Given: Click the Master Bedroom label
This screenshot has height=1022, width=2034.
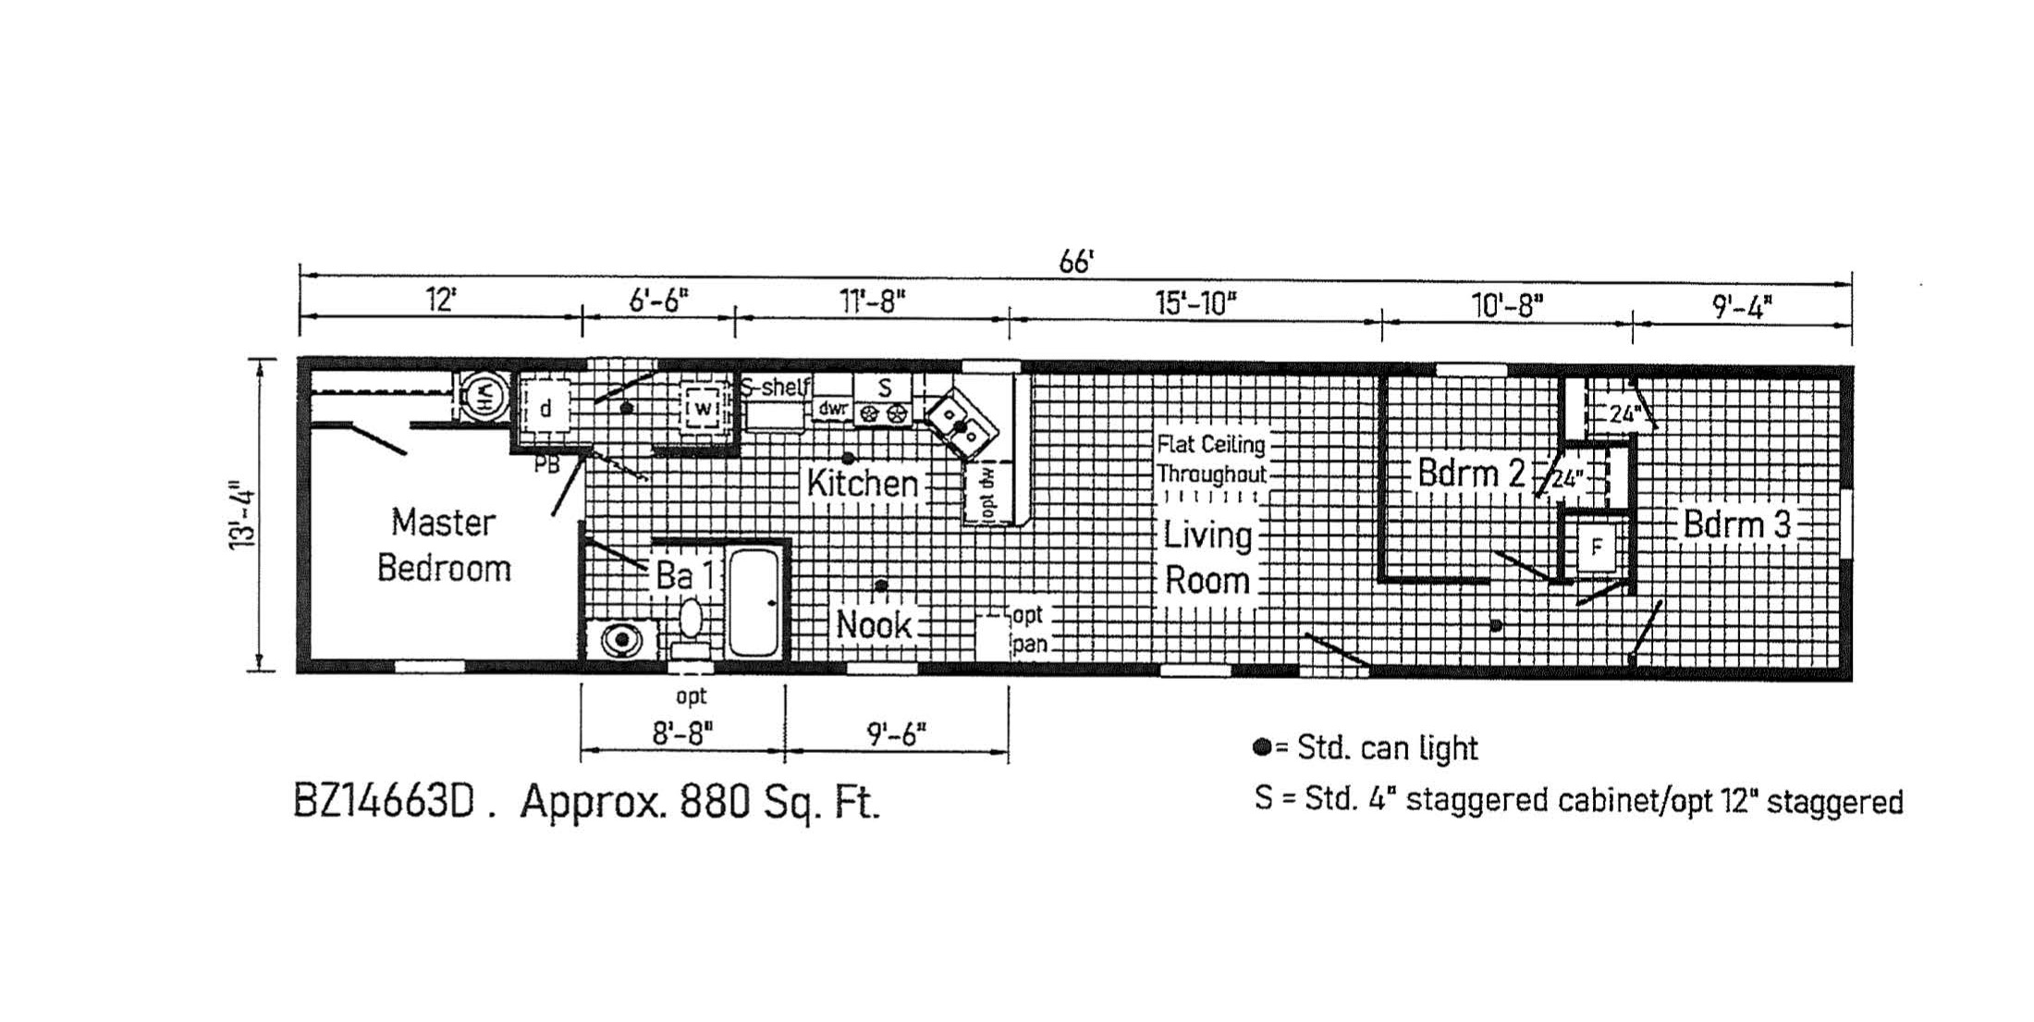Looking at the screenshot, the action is point(444,545).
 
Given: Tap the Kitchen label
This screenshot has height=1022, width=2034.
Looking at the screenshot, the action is point(862,483).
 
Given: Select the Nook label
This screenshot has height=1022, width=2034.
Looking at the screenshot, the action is point(874,624).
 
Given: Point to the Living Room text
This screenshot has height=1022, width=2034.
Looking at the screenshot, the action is point(1207,558).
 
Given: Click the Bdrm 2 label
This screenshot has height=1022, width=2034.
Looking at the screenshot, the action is point(1471,473).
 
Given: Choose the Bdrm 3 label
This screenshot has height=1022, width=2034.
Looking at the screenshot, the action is point(1737,524).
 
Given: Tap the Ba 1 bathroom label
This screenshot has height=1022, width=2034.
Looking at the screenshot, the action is point(684,575).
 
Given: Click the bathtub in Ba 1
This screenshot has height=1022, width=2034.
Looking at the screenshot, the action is point(754,603).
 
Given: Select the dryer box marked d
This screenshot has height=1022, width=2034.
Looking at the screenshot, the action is point(545,408).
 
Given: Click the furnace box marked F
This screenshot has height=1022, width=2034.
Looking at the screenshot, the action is point(1596,548).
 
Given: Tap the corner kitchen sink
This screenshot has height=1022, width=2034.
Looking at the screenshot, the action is point(962,425).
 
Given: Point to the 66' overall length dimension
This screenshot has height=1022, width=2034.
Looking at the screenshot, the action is point(1075,262).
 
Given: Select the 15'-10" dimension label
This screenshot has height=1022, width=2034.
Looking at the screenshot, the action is point(1195,302).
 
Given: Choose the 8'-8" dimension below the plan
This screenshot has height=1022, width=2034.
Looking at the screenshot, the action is point(683,733).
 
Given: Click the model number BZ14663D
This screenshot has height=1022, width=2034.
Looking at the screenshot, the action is point(383,802).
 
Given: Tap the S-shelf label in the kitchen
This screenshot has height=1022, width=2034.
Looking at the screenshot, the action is point(775,388).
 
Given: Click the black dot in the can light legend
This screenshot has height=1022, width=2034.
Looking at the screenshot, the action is point(1261,747).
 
